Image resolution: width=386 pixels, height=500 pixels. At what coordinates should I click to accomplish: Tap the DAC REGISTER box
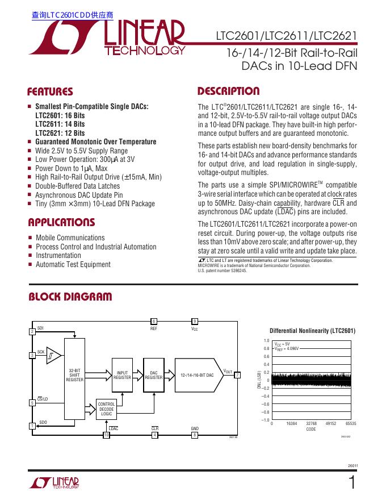pyautogui.click(x=154, y=376)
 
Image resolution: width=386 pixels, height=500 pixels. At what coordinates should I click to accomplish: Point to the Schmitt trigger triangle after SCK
pyautogui.click(x=53, y=356)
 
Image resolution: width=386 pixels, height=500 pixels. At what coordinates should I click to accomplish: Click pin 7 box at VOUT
pyautogui.click(x=237, y=375)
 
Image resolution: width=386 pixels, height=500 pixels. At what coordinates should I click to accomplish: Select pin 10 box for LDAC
pyautogui.click(x=106, y=435)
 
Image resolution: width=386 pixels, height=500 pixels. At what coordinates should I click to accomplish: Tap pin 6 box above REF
pyautogui.click(x=154, y=321)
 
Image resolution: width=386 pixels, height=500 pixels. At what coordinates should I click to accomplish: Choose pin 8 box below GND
pyautogui.click(x=195, y=435)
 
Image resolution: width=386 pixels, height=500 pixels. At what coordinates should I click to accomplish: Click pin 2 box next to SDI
pyautogui.click(x=32, y=331)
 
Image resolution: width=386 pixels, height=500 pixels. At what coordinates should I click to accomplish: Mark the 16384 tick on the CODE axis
pyautogui.click(x=292, y=424)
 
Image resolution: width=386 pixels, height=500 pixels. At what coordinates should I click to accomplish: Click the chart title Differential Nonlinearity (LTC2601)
pyautogui.click(x=312, y=331)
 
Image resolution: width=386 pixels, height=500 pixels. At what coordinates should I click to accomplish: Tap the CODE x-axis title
pyautogui.click(x=311, y=430)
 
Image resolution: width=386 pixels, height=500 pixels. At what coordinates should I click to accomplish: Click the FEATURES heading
pyautogui.click(x=50, y=92)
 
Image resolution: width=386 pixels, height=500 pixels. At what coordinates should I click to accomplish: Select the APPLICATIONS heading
pyautogui.click(x=61, y=222)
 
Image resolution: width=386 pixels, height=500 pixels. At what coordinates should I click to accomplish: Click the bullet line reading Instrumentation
pyautogui.click(x=58, y=256)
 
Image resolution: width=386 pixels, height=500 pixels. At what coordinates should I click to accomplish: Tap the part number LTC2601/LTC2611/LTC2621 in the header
pyautogui.click(x=286, y=36)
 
